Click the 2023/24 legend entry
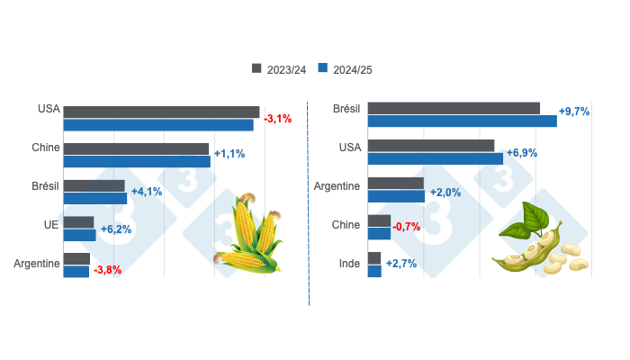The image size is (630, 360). [x=277, y=68]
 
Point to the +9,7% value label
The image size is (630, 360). [x=574, y=112]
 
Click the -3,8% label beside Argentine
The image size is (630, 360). [x=107, y=269]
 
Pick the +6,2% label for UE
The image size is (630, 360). [x=115, y=229]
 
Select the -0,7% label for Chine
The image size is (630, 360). [x=407, y=227]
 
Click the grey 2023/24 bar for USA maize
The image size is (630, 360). [x=161, y=112]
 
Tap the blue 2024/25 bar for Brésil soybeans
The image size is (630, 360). [x=462, y=121]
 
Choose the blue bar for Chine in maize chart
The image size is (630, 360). [x=137, y=162]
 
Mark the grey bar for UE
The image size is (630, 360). [x=78, y=222]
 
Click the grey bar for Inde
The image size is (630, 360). [x=374, y=258]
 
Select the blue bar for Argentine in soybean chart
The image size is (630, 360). [x=396, y=196]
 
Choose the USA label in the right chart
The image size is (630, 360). [x=349, y=147]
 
